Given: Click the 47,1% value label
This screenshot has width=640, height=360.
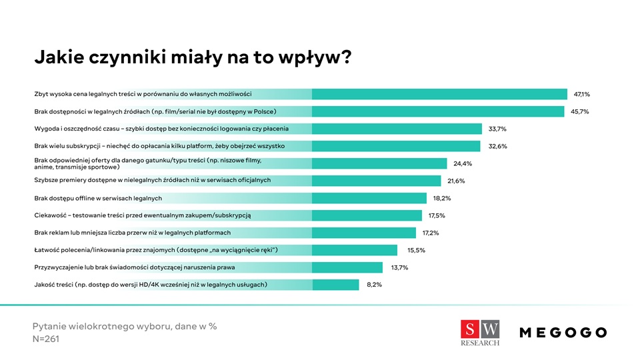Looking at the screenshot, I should [x=582, y=94].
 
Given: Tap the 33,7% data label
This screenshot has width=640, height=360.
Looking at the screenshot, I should [x=497, y=129].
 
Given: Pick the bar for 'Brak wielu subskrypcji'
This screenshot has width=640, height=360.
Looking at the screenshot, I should [x=396, y=146].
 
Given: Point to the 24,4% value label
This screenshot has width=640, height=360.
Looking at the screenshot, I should [x=463, y=163].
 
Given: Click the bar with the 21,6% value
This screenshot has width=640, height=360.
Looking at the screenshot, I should [x=376, y=181].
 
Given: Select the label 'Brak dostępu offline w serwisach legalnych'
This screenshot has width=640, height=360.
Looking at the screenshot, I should [x=98, y=198].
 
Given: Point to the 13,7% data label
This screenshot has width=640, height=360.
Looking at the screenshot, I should [x=399, y=267].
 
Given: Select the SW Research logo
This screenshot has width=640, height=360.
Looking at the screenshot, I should [x=480, y=333].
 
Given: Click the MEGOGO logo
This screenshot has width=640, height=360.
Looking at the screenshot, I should [x=563, y=332].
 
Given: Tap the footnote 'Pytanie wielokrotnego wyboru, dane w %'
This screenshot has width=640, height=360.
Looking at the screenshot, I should [x=125, y=326].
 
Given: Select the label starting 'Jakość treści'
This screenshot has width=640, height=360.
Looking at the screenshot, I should [x=151, y=285].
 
